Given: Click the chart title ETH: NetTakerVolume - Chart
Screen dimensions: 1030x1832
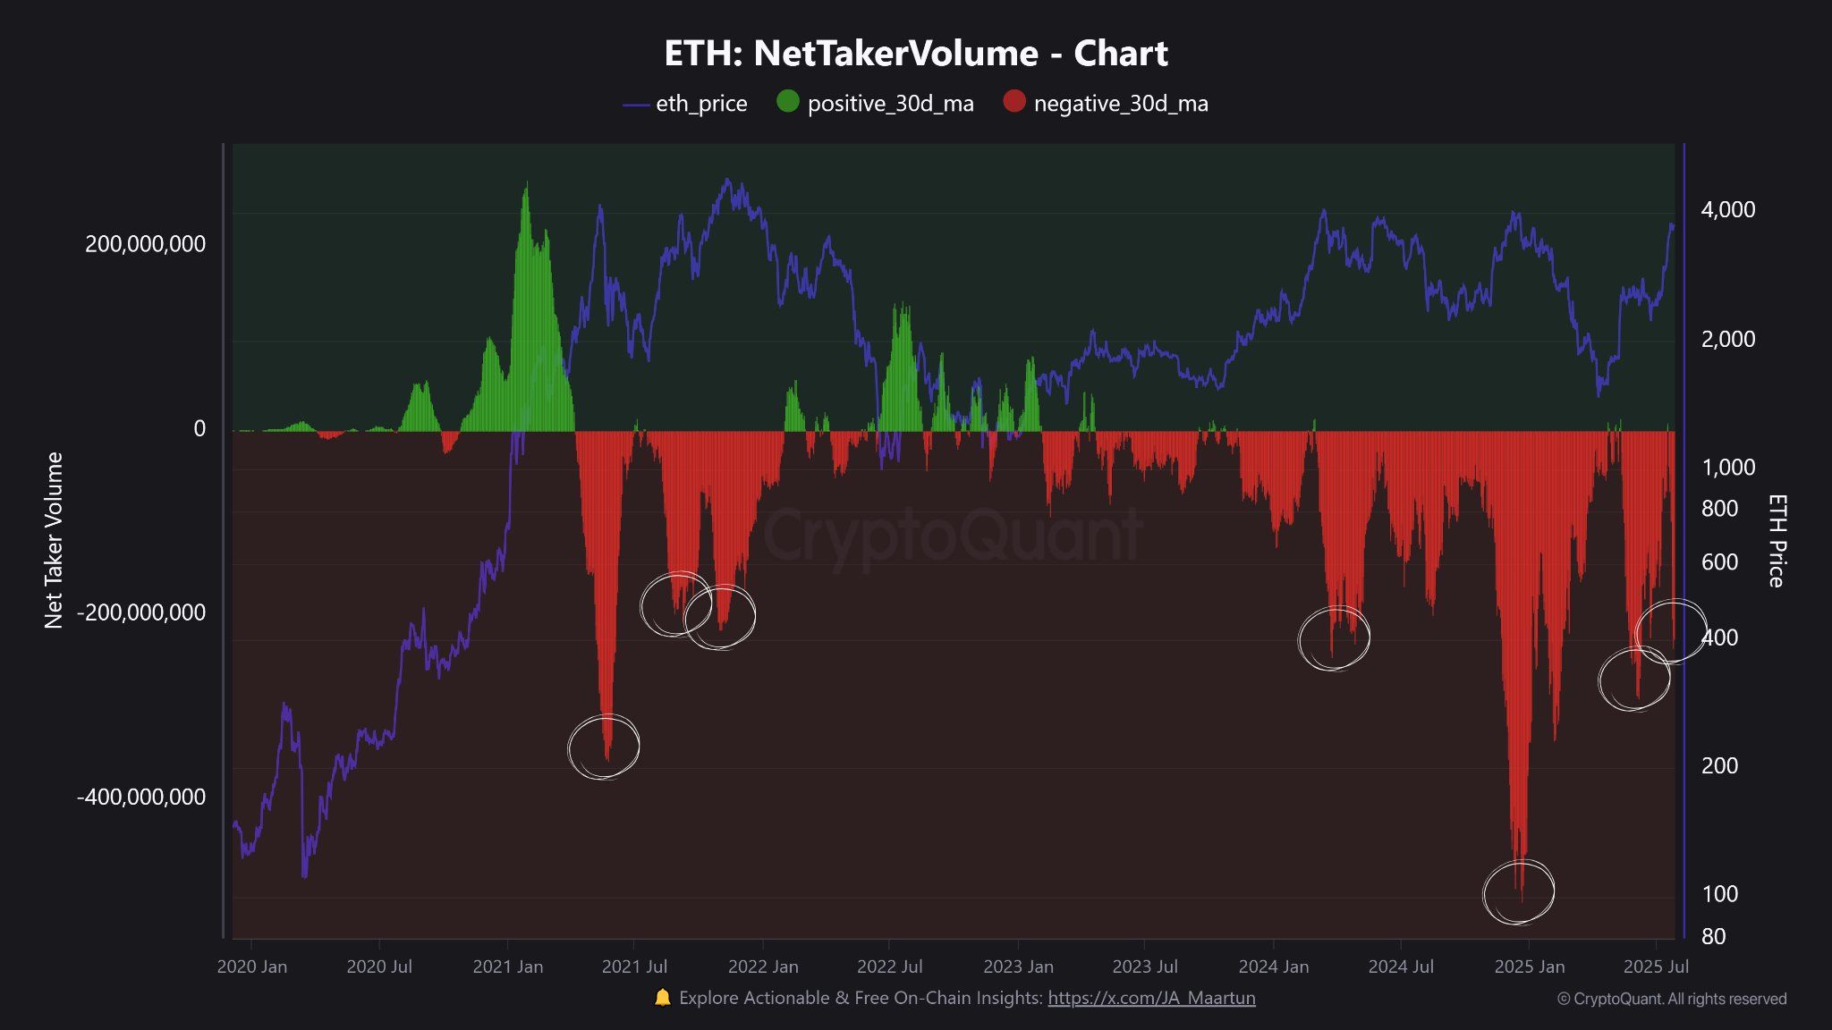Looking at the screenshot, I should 916,54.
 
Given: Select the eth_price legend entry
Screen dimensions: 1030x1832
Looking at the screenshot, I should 685,104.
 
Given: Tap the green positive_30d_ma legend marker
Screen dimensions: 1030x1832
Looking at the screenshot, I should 787,102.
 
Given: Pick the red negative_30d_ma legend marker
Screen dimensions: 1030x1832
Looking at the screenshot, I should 1014,102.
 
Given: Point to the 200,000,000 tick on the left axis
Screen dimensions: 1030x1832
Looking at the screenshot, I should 145,244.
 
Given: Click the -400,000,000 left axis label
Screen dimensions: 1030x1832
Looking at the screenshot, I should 141,797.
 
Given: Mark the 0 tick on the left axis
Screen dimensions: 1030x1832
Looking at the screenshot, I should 199,428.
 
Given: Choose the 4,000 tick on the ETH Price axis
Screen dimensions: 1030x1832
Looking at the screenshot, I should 1727,210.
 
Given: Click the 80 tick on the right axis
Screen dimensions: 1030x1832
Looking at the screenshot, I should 1713,936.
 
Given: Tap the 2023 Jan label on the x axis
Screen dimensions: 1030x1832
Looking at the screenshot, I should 1018,967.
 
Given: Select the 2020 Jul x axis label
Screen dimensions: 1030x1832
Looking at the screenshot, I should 379,967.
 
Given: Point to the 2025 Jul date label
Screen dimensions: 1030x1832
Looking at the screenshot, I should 1656,967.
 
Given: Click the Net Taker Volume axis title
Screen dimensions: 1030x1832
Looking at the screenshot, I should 54,540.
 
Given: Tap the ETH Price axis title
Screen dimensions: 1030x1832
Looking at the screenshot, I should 1777,540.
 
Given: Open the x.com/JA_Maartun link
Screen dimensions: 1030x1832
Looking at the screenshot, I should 1151,998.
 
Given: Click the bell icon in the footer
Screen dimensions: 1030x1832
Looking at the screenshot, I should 662,998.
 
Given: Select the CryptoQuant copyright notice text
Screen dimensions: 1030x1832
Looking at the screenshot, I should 1672,999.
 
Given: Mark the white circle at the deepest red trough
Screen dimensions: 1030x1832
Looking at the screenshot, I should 1519,891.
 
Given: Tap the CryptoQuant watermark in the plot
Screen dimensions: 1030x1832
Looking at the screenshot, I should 952,535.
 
